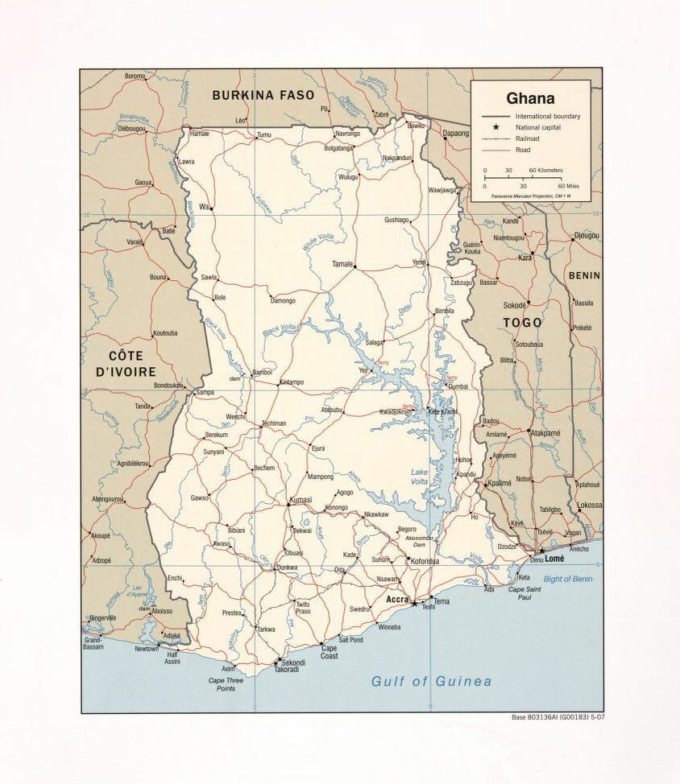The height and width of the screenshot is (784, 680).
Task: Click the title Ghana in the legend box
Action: (530, 99)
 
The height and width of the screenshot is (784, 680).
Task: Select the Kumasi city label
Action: (300, 500)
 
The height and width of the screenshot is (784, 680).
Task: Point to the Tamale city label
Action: (342, 264)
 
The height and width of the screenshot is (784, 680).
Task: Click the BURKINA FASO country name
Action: (263, 95)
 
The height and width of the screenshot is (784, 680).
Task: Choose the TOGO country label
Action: (522, 323)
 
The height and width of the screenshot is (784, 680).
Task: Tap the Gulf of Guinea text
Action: (431, 682)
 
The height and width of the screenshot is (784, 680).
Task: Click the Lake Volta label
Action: (420, 477)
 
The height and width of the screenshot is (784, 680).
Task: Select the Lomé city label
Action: (554, 558)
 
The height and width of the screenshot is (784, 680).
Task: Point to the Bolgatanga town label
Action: (338, 148)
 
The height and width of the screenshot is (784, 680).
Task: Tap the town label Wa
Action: (204, 207)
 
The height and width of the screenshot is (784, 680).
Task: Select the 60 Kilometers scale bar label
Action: (545, 171)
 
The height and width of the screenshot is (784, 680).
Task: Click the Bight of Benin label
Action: (567, 579)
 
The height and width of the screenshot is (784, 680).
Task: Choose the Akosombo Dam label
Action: (419, 541)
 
